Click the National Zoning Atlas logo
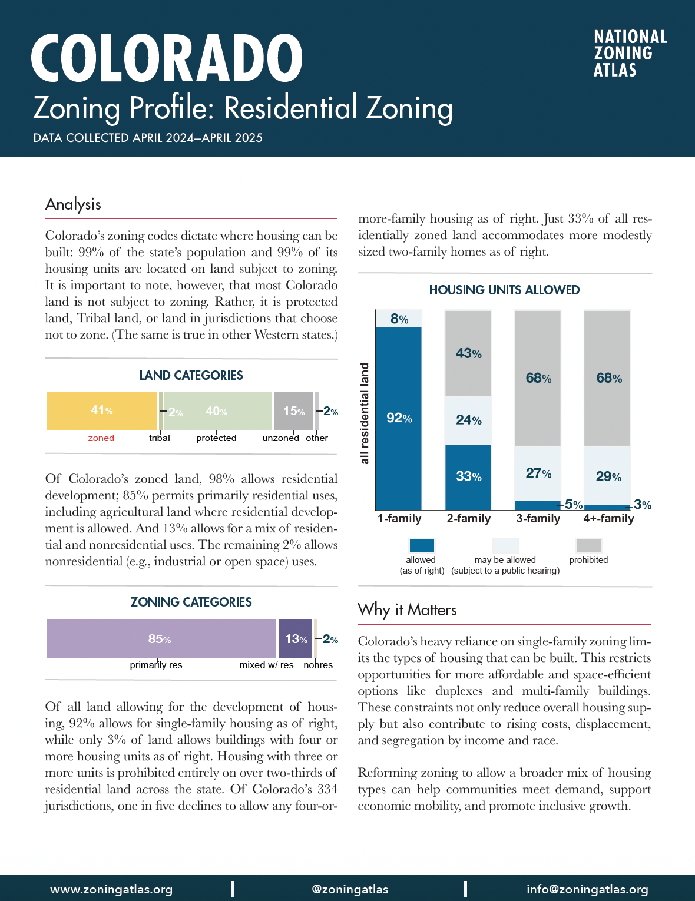pyautogui.click(x=630, y=54)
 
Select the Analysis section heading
pyautogui.click(x=73, y=204)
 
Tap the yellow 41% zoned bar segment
pyautogui.click(x=101, y=411)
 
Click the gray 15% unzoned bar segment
pyautogui.click(x=293, y=411)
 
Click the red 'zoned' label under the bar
pyautogui.click(x=101, y=438)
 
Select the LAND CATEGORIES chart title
pyautogui.click(x=191, y=376)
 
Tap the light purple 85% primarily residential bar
pyautogui.click(x=160, y=638)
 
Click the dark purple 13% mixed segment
pyautogui.click(x=295, y=638)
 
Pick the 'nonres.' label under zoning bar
pyautogui.click(x=319, y=665)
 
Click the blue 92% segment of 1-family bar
pyautogui.click(x=399, y=418)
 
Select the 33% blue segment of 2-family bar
pyautogui.click(x=468, y=476)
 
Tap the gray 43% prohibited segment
pyautogui.click(x=468, y=353)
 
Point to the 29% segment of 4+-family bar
pyautogui.click(x=607, y=476)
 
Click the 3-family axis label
pyautogui.click(x=538, y=519)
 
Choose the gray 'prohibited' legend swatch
pyautogui.click(x=588, y=545)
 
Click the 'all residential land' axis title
pyautogui.click(x=365, y=413)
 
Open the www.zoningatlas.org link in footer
pyautogui.click(x=111, y=889)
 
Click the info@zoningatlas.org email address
pyautogui.click(x=587, y=889)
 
